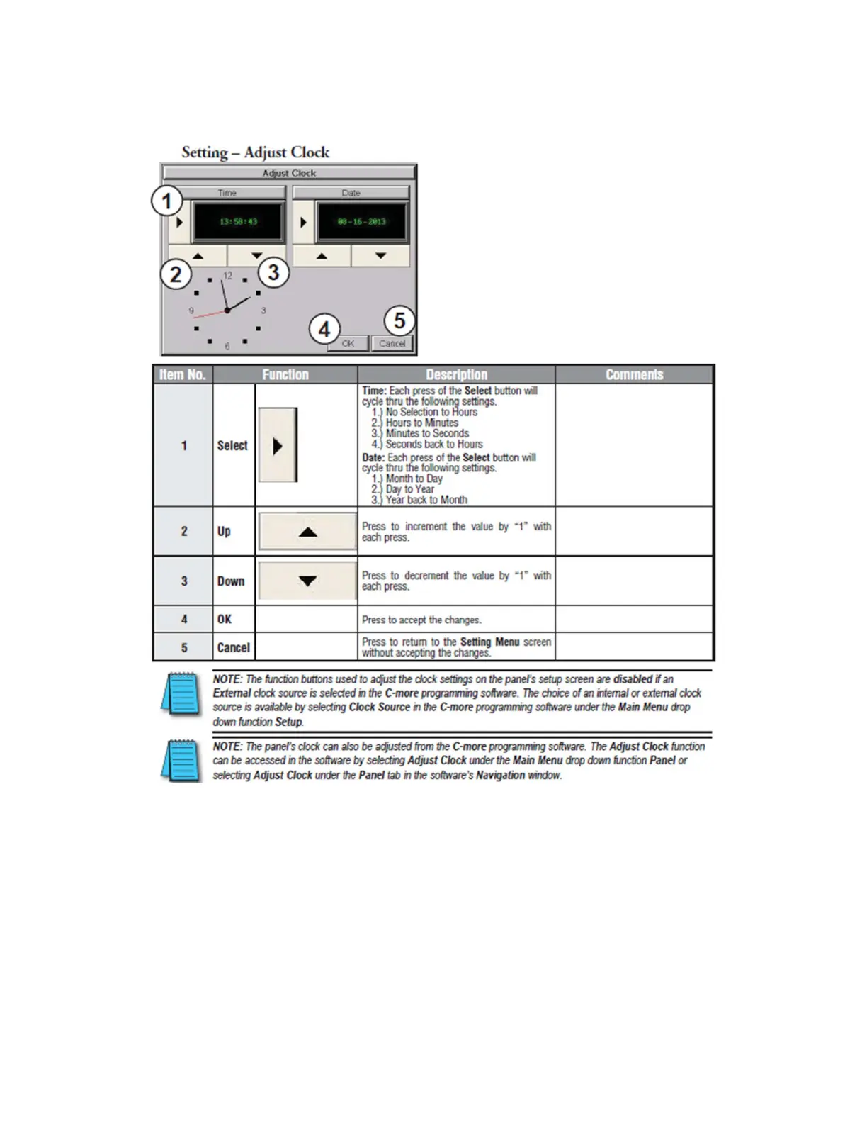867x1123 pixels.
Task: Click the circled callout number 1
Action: pyautogui.click(x=167, y=201)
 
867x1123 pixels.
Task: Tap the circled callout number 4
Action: pyautogui.click(x=324, y=330)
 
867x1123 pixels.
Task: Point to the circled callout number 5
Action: pyautogui.click(x=399, y=321)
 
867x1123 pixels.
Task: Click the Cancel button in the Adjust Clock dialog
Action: pyautogui.click(x=392, y=344)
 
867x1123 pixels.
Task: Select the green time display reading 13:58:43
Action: pyautogui.click(x=239, y=222)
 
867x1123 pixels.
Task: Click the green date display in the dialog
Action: pyautogui.click(x=362, y=222)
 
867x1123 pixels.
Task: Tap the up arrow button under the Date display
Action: pyautogui.click(x=322, y=256)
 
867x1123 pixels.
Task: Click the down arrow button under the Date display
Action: pyautogui.click(x=380, y=256)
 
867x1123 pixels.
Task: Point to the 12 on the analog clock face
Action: pyautogui.click(x=227, y=276)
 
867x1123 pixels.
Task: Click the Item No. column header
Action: pyautogui.click(x=183, y=374)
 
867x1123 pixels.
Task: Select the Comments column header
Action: pyautogui.click(x=634, y=374)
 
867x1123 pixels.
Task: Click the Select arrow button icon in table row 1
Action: pyautogui.click(x=278, y=445)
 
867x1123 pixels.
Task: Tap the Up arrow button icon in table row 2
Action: pyautogui.click(x=307, y=532)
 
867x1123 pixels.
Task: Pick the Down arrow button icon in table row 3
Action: pyautogui.click(x=307, y=581)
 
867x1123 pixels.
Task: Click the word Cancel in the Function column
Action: pyautogui.click(x=233, y=647)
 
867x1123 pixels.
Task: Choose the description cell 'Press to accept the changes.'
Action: pyautogui.click(x=421, y=620)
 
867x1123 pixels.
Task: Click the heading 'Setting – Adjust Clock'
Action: pyautogui.click(x=255, y=152)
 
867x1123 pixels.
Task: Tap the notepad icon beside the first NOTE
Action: pyautogui.click(x=182, y=693)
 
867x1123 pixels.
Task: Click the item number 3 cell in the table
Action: pyautogui.click(x=184, y=581)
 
